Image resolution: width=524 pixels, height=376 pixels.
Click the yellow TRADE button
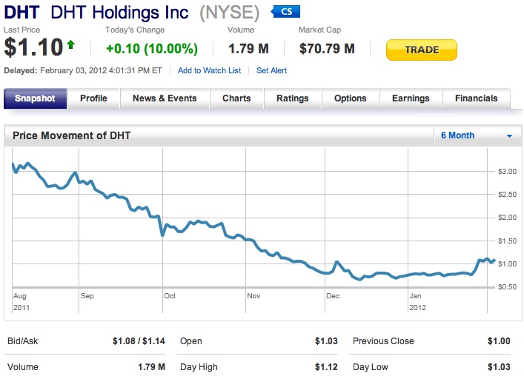pyautogui.click(x=421, y=50)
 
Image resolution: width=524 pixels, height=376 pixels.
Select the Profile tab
pyautogui.click(x=93, y=98)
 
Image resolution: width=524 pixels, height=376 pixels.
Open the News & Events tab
pyautogui.click(x=165, y=98)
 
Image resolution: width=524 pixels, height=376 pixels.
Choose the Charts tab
pyautogui.click(x=236, y=98)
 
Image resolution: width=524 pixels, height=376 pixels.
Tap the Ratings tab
pyautogui.click(x=292, y=98)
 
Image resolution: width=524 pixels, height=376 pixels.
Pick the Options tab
pyautogui.click(x=350, y=98)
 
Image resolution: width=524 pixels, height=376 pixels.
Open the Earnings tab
pyautogui.click(x=411, y=98)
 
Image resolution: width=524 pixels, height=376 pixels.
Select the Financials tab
pyautogui.click(x=476, y=98)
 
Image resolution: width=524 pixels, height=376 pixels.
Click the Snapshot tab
pyautogui.click(x=35, y=98)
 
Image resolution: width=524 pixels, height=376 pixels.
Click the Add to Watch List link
pyautogui.click(x=209, y=70)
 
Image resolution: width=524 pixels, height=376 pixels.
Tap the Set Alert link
pyautogui.click(x=271, y=70)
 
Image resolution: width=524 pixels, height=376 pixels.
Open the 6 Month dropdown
pyautogui.click(x=476, y=135)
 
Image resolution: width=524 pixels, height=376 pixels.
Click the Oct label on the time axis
pyautogui.click(x=170, y=296)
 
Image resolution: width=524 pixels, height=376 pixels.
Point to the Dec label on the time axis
pyautogui.click(x=333, y=296)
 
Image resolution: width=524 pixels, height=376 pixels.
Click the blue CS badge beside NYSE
pyautogui.click(x=286, y=12)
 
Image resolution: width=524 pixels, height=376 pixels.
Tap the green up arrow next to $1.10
pyautogui.click(x=71, y=45)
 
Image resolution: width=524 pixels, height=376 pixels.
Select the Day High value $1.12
pyautogui.click(x=325, y=367)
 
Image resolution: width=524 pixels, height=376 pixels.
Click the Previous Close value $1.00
pyautogui.click(x=499, y=341)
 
